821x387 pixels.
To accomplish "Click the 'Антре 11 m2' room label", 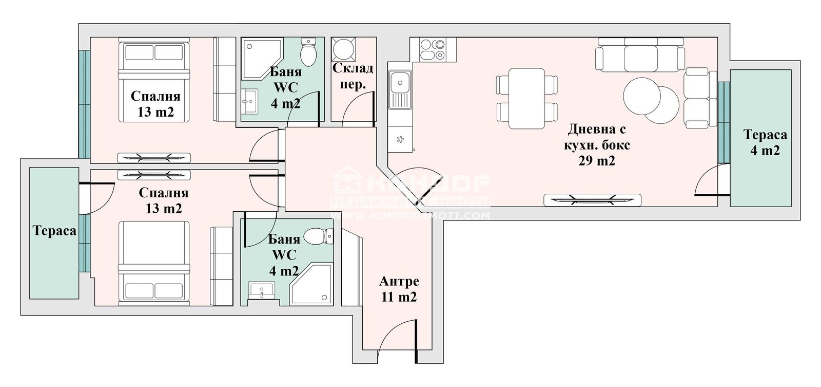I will click(x=399, y=289).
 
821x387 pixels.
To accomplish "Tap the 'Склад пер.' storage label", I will click(x=353, y=76).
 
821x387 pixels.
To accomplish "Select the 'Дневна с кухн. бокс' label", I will click(x=595, y=137).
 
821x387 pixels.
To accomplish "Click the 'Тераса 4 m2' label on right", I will click(x=765, y=142).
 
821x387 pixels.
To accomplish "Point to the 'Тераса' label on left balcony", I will click(x=54, y=231).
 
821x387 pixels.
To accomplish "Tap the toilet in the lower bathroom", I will click(x=319, y=237).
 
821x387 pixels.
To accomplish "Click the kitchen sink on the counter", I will click(x=399, y=82).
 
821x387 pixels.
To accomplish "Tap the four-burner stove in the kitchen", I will click(x=432, y=49).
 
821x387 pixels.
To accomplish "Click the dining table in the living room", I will click(x=526, y=99).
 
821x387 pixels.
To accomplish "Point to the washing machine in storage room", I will click(x=341, y=50).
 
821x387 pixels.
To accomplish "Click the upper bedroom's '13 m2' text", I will click(x=155, y=112).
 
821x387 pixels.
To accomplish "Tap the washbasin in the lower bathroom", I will click(x=262, y=290).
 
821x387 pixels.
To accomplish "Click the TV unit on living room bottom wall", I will click(x=592, y=200).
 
